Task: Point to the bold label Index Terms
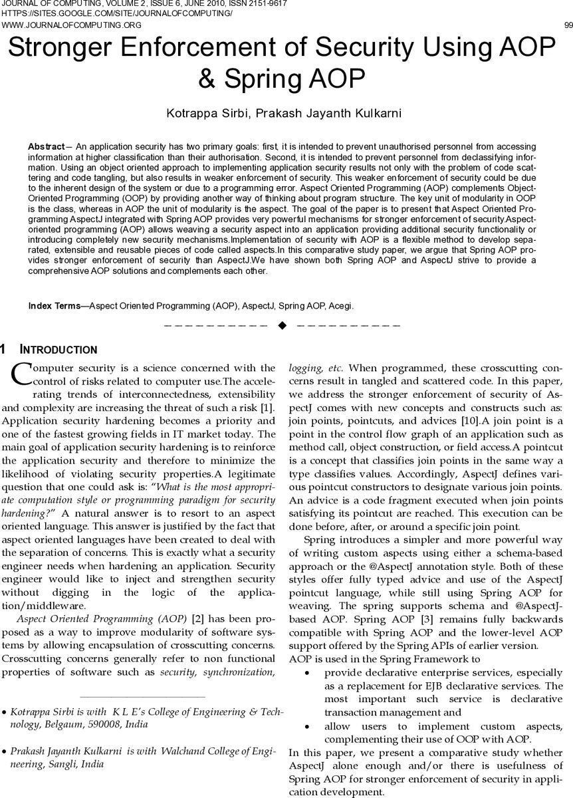54,306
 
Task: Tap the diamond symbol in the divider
282,325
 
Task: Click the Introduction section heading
58,350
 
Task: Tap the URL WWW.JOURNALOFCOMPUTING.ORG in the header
72,25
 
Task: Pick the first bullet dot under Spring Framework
306,673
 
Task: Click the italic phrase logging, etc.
315,368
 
